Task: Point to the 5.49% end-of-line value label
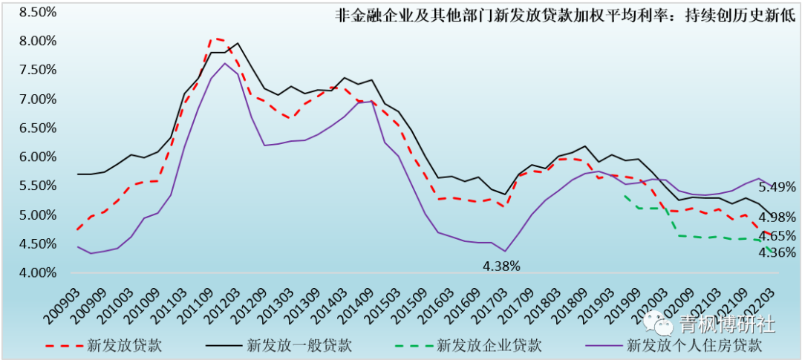click(x=777, y=187)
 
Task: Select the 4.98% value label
click(x=777, y=217)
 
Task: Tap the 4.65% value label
click(x=777, y=236)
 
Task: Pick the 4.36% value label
click(x=777, y=252)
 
